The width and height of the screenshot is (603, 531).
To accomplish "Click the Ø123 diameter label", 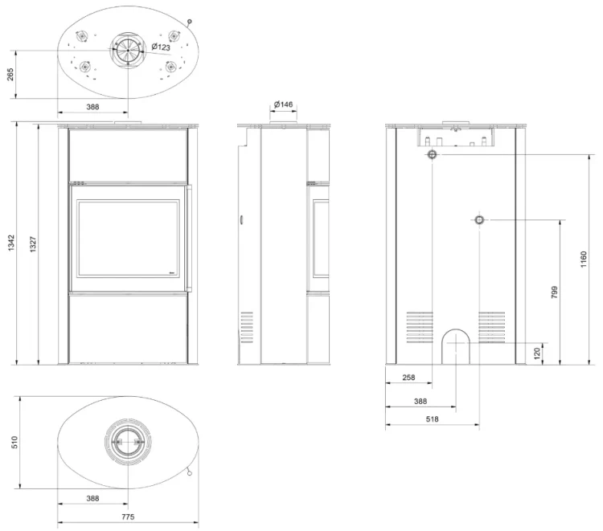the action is coord(161,47).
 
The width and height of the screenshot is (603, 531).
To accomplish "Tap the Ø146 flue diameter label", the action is coord(284,104).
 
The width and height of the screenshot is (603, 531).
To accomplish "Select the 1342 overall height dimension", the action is coord(11,243).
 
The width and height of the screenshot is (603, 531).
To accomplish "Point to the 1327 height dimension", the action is coord(33,244).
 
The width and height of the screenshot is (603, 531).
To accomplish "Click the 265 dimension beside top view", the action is coord(10,75).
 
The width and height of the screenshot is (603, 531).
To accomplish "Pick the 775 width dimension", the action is coord(128,517).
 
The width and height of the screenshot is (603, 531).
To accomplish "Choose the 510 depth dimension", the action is coord(14,443).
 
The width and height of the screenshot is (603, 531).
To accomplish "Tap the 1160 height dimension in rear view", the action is coord(584,259).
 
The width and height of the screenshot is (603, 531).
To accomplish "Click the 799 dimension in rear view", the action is coord(554,292).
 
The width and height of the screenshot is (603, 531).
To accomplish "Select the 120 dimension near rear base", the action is coord(537,353).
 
